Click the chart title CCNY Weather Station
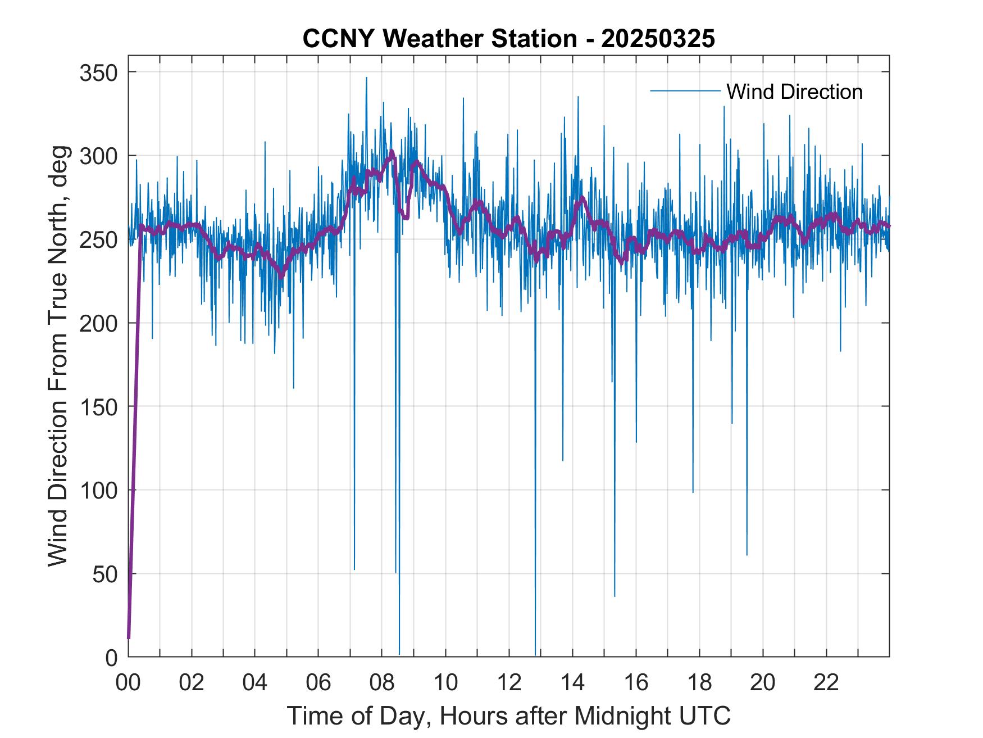tap(439, 39)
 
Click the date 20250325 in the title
tap(658, 39)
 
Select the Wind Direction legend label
tap(794, 92)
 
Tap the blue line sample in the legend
tap(685, 91)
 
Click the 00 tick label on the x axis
tap(128, 683)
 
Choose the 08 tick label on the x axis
tap(382, 683)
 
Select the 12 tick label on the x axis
tap(509, 683)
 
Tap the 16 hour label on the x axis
tap(636, 683)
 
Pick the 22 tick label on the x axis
tap(826, 683)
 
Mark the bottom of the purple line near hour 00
tap(129, 637)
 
